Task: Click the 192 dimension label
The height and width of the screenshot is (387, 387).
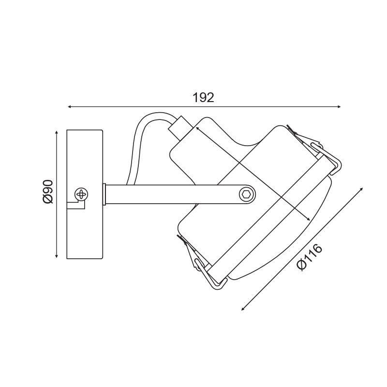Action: tap(203, 98)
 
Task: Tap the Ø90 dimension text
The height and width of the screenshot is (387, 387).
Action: tap(48, 192)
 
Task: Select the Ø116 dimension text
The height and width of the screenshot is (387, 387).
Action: tap(310, 257)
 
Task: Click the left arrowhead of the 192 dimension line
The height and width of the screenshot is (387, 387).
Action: tap(70, 106)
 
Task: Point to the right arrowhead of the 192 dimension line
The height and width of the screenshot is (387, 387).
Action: tap(339, 106)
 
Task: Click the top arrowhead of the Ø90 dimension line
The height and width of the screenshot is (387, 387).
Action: tap(57, 133)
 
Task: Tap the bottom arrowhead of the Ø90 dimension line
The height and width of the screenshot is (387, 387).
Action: tap(57, 256)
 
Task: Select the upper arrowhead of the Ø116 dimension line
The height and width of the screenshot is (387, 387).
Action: tap(361, 189)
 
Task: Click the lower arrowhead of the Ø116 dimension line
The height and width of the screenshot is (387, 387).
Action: tap(243, 309)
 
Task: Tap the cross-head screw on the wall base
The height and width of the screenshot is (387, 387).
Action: tap(81, 194)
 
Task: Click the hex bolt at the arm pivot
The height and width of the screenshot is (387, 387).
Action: tap(247, 194)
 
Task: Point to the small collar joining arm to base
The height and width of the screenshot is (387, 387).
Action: tap(104, 194)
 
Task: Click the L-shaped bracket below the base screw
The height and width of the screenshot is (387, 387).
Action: tap(76, 204)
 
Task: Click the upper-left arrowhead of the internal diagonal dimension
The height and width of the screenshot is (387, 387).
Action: tap(197, 128)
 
